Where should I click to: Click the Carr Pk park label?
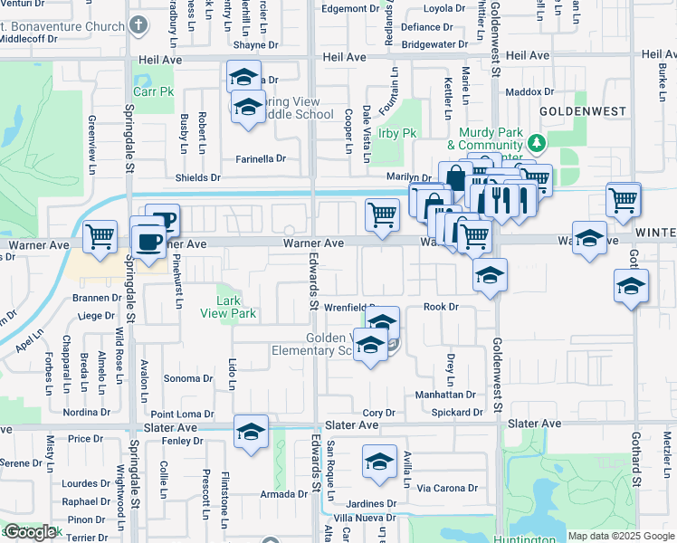[x=153, y=91]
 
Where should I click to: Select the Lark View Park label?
[x=235, y=308]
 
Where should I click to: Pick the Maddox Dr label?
[x=529, y=92]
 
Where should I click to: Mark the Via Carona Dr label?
[x=447, y=488]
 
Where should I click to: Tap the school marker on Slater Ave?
[x=251, y=430]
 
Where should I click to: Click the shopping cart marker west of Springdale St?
[x=100, y=236]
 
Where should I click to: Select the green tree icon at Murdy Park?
[x=537, y=142]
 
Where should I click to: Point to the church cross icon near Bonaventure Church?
[x=138, y=24]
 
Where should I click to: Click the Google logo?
[x=30, y=532]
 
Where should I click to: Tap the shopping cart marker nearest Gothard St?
[x=624, y=200]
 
